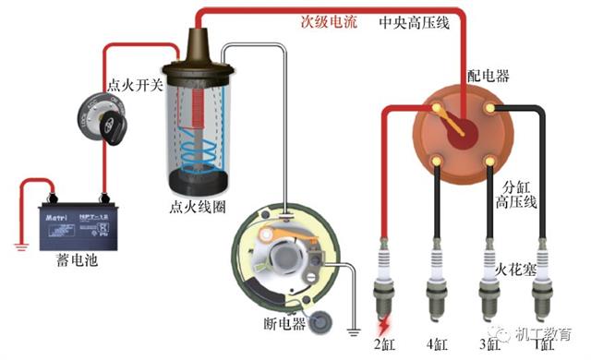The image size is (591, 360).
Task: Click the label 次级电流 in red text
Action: [329, 21]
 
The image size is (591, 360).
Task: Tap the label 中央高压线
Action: [416, 21]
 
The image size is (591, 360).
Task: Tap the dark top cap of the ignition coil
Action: [198, 46]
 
